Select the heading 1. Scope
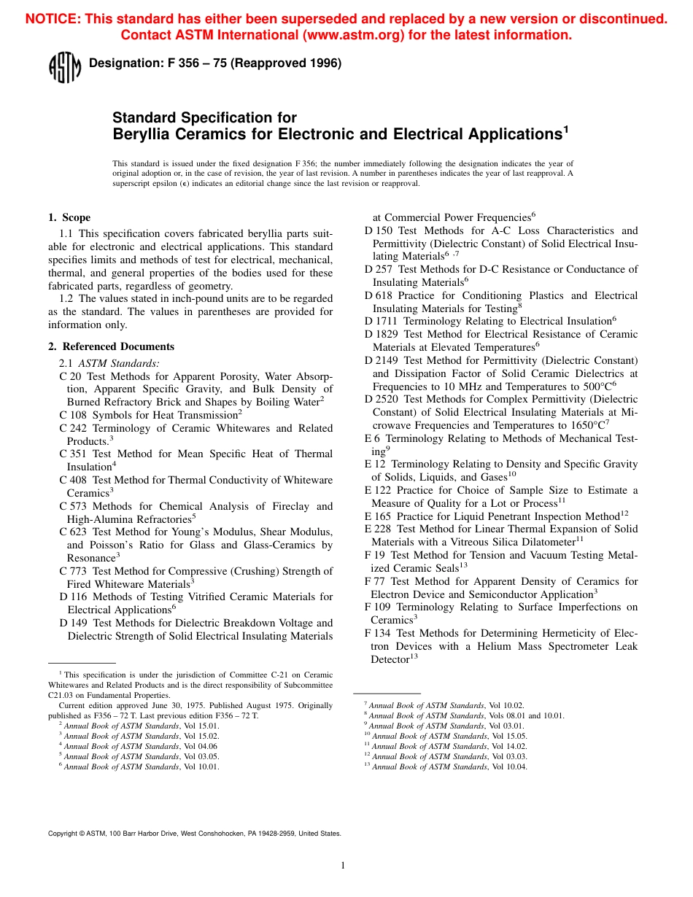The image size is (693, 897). (x=69, y=217)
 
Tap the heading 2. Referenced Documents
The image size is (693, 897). (x=111, y=346)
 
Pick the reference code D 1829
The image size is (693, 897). (x=381, y=334)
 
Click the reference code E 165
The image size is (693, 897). (x=378, y=516)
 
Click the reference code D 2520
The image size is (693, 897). (x=381, y=399)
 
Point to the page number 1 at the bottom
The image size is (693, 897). (x=343, y=866)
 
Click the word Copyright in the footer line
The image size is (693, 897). (x=62, y=834)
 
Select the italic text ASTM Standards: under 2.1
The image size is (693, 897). (x=119, y=363)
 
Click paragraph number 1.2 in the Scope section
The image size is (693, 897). (x=66, y=298)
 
